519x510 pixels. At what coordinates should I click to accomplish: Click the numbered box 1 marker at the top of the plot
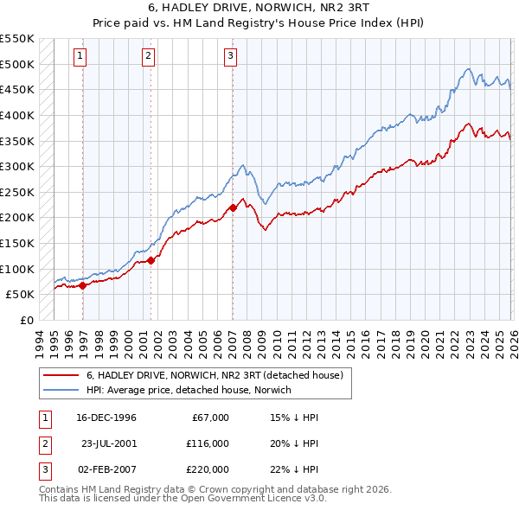80,56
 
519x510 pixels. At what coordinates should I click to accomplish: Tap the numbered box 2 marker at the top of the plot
148,56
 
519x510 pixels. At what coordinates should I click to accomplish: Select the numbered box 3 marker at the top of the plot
231,56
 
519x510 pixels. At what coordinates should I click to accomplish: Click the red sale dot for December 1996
83,285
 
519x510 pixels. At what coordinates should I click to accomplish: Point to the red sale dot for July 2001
151,260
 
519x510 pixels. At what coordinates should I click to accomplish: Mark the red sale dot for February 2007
233,207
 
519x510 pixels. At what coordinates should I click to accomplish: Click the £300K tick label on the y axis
17,166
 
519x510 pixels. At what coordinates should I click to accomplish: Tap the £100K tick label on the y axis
17,269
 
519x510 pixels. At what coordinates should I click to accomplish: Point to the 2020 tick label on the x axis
425,341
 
